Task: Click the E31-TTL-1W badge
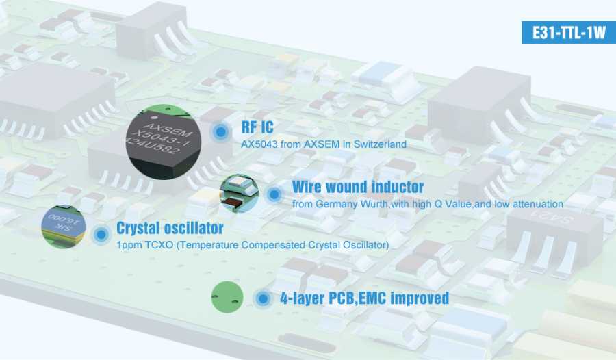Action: tap(569, 32)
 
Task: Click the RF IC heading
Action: tap(257, 127)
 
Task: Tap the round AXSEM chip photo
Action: tap(164, 142)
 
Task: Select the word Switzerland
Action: tap(380, 144)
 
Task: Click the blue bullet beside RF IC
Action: tap(221, 131)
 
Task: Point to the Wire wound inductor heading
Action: tap(358, 187)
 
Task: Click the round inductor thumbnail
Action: tap(240, 194)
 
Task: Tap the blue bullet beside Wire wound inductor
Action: tap(274, 194)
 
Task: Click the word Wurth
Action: tap(375, 205)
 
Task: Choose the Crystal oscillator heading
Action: tap(170, 228)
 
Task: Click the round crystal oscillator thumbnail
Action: tap(63, 227)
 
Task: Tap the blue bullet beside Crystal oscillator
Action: tap(101, 235)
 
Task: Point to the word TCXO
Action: tap(159, 245)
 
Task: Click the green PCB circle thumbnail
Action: tap(227, 297)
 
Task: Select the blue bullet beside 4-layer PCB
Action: tap(264, 298)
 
